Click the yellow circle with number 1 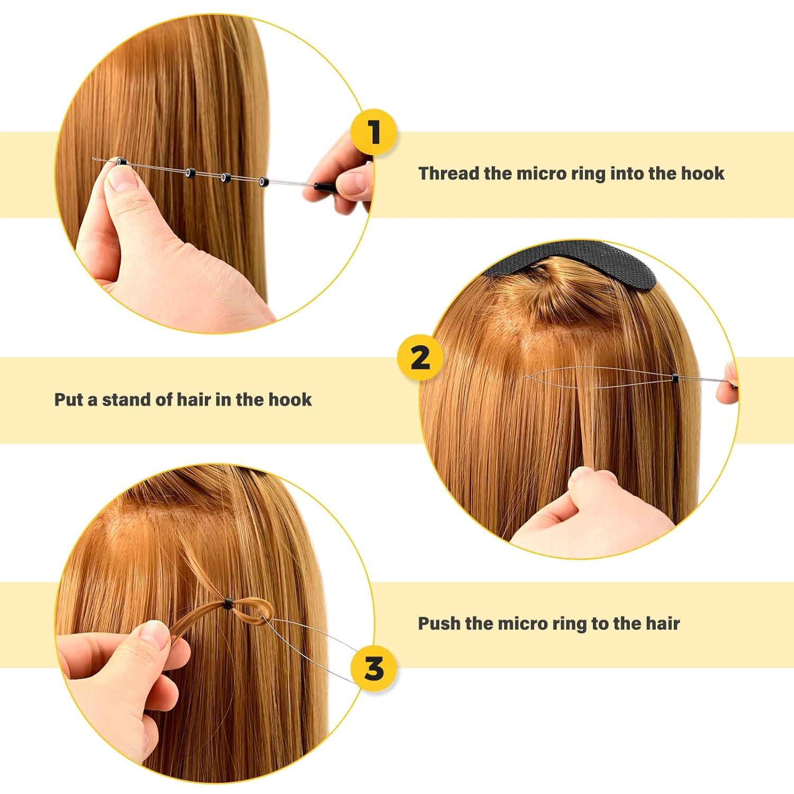[x=374, y=132]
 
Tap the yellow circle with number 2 [x=420, y=358]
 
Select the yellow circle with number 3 [x=374, y=668]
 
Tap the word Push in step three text [x=439, y=623]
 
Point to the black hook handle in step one [x=322, y=186]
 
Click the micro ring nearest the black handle [x=263, y=182]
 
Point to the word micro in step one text [x=539, y=174]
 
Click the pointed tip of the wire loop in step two [x=526, y=377]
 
